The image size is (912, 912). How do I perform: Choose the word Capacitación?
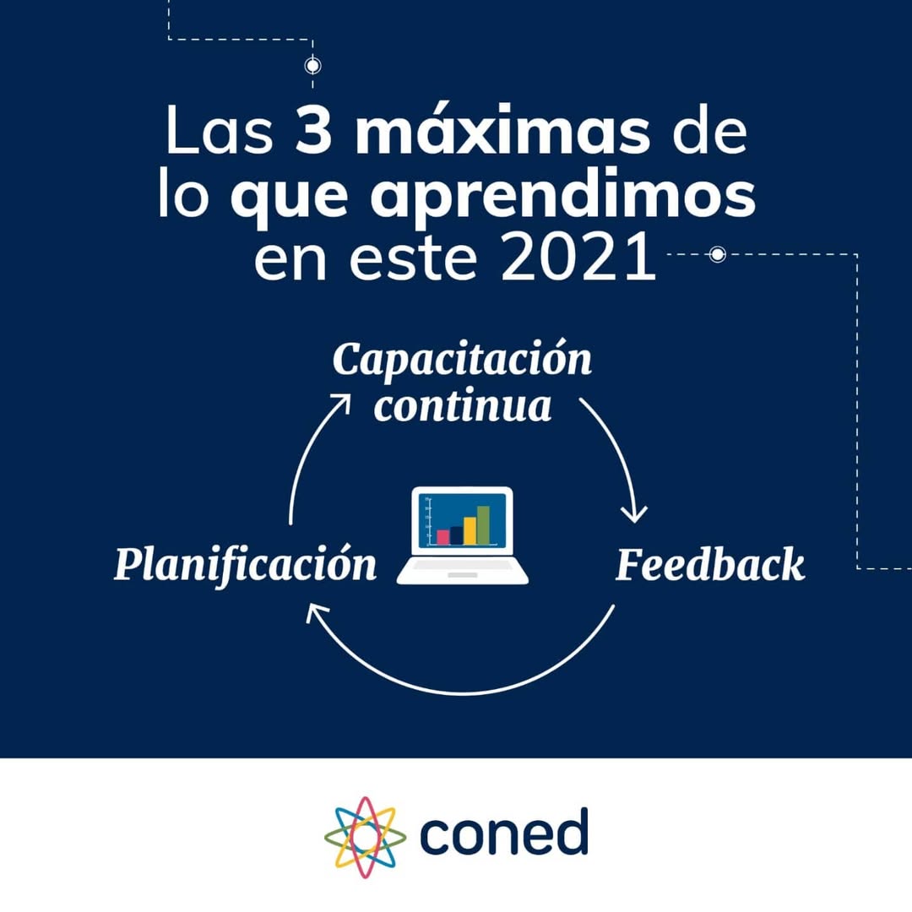click(x=463, y=360)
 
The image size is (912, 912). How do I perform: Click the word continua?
click(x=463, y=406)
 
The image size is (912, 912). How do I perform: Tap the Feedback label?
click(x=709, y=565)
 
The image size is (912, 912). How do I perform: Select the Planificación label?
click(x=246, y=564)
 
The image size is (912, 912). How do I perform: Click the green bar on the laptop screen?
click(x=483, y=524)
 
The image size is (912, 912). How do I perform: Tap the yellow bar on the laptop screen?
click(x=470, y=529)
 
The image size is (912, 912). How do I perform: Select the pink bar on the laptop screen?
click(x=442, y=536)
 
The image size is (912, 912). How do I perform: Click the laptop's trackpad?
click(x=462, y=574)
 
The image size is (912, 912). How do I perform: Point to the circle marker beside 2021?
click(x=717, y=254)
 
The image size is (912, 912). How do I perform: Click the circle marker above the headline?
click(x=312, y=65)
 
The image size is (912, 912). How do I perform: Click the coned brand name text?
click(x=504, y=833)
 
